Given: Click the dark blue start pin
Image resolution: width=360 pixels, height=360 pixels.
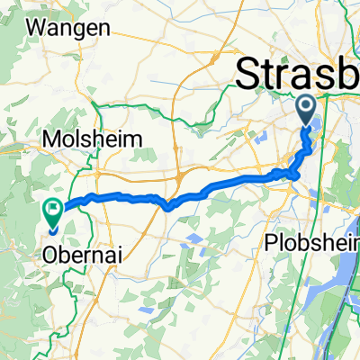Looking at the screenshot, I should click(x=307, y=111).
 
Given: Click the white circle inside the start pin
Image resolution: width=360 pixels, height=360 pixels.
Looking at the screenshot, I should click(x=307, y=109).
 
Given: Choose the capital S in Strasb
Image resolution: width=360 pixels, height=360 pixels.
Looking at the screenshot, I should click(x=248, y=74).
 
